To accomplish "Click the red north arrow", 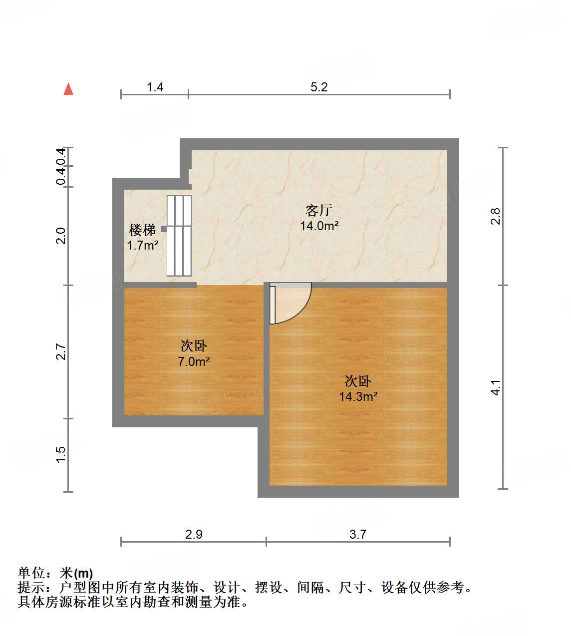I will pyautogui.click(x=68, y=89).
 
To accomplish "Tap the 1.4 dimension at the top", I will pyautogui.click(x=155, y=87).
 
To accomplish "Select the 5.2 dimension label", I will pyautogui.click(x=319, y=87).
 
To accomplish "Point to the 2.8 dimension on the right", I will pyautogui.click(x=495, y=216).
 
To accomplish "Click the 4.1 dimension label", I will pyautogui.click(x=495, y=387).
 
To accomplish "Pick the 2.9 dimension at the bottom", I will pyautogui.click(x=194, y=534).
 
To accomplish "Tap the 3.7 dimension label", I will pyautogui.click(x=358, y=534).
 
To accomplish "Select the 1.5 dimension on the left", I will pyautogui.click(x=60, y=454).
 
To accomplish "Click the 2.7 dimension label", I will pyautogui.click(x=60, y=352).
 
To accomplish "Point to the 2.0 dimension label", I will pyautogui.click(x=60, y=236).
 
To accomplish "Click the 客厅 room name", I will pyautogui.click(x=319, y=210).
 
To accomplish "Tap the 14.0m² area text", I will pyautogui.click(x=319, y=226).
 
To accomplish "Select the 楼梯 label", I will pyautogui.click(x=142, y=230).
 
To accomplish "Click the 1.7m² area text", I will pyautogui.click(x=143, y=246).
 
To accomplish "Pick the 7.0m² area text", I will pyautogui.click(x=194, y=361).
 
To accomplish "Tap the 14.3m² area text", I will pyautogui.click(x=358, y=397).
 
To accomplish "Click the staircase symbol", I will pyautogui.click(x=179, y=236).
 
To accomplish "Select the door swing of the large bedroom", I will pyautogui.click(x=292, y=304).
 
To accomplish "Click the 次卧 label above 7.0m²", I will pyautogui.click(x=194, y=345).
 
